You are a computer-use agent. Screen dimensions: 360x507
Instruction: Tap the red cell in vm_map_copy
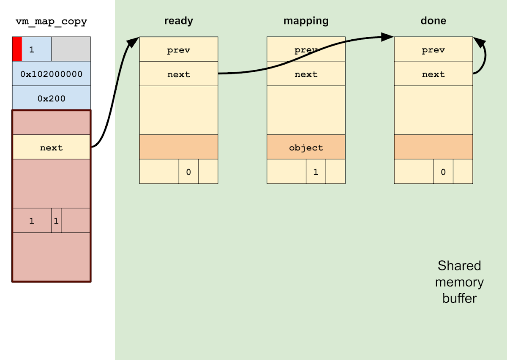tap(17, 49)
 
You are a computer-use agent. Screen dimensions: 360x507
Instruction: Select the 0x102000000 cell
tap(51, 74)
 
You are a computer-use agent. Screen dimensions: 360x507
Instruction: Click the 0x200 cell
tap(51, 98)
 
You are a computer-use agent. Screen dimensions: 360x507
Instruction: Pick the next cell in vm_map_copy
tap(51, 147)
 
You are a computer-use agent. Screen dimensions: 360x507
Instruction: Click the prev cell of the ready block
tap(179, 50)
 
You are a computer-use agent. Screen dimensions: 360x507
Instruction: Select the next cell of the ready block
tap(179, 74)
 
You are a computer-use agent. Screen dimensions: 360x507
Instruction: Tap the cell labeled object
tap(306, 147)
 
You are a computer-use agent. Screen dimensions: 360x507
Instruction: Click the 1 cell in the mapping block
tap(316, 172)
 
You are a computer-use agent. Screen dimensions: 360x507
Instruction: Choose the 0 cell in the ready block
tap(188, 172)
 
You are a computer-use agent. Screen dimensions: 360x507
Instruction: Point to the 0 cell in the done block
tap(443, 172)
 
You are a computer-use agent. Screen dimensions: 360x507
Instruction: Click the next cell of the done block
tap(433, 74)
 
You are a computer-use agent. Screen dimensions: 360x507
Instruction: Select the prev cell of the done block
tap(433, 50)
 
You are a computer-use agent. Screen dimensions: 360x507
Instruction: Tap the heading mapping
tap(306, 21)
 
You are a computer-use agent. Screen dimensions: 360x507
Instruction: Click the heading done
tap(433, 21)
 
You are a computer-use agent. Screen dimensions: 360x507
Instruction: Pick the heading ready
tap(179, 21)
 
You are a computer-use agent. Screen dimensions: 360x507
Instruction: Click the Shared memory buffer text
tap(459, 282)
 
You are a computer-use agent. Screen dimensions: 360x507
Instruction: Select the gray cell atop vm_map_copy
tap(71, 49)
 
